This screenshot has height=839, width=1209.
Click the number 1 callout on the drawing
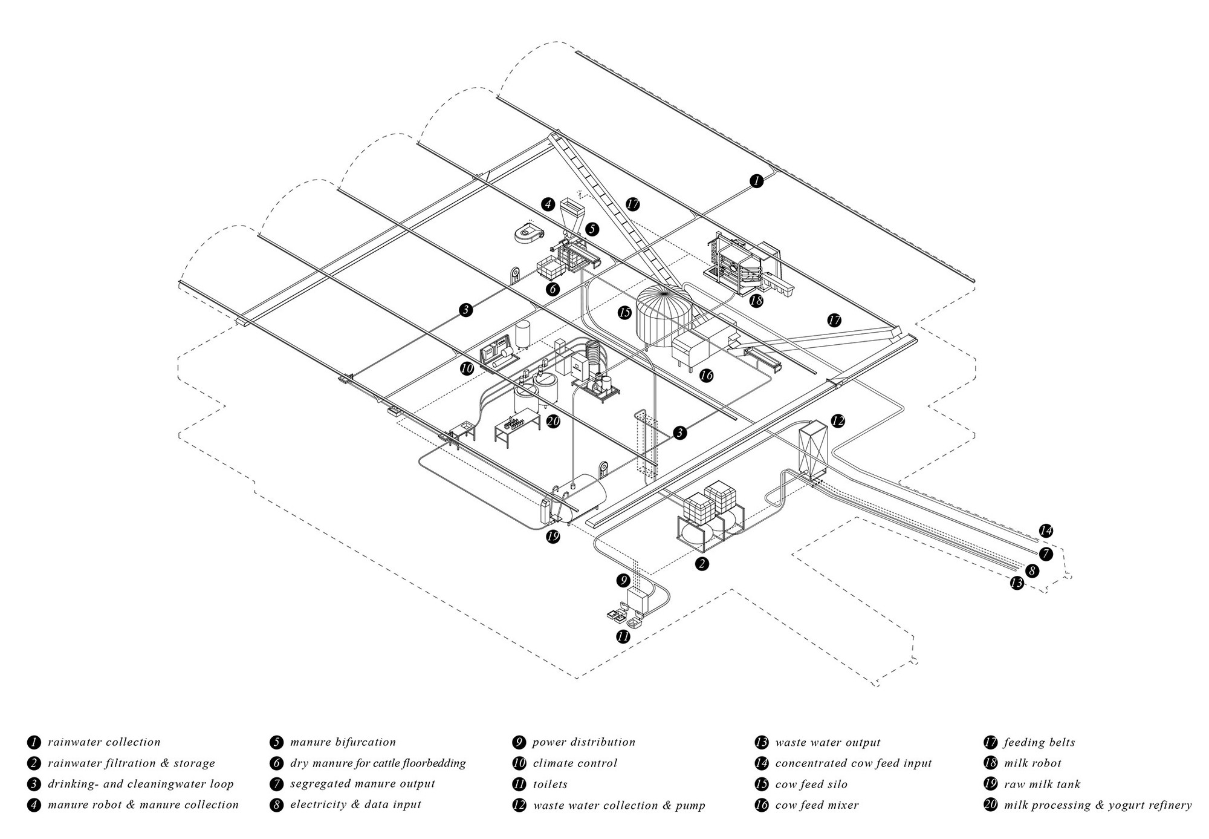point(756,180)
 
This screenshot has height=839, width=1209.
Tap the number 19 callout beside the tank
point(552,536)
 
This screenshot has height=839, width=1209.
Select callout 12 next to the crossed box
point(837,421)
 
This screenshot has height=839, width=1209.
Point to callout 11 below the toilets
point(623,636)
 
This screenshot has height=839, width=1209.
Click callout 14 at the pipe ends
point(1046,531)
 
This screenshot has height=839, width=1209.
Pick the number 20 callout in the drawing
point(553,421)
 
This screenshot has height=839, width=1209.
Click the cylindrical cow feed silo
point(664,315)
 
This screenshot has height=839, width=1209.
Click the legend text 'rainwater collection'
point(104,742)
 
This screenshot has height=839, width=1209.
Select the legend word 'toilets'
point(550,784)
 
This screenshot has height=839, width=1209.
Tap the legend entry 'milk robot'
point(1032,763)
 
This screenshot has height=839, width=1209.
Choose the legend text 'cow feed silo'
point(811,784)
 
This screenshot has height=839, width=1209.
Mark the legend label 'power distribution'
point(584,742)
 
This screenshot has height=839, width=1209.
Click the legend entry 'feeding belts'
point(1039,742)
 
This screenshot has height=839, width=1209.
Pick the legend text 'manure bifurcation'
point(343,742)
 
